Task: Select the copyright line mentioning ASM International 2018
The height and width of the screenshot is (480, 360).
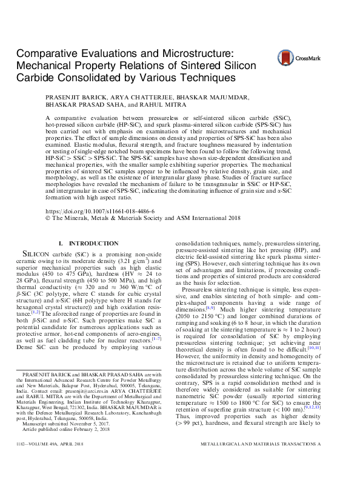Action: tap(143, 218)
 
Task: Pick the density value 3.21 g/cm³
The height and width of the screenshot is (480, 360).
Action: tap(141, 259)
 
